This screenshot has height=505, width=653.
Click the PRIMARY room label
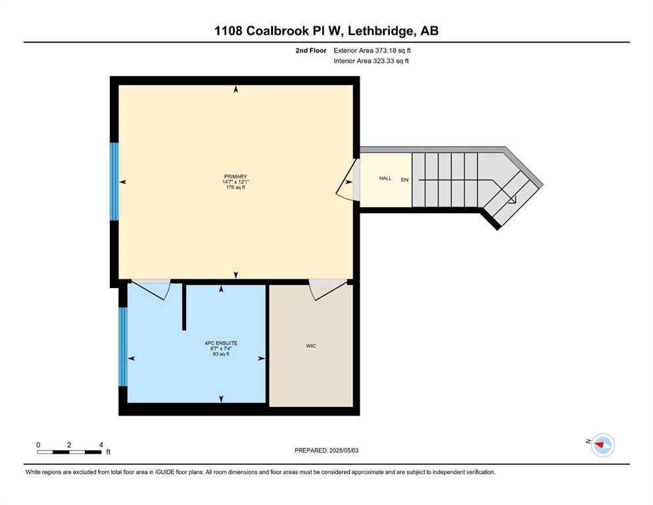point(235,176)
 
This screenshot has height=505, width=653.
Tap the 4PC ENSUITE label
point(221,343)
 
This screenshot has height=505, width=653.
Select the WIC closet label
point(310,346)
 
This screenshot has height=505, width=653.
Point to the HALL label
point(385,178)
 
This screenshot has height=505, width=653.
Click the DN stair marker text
point(404,180)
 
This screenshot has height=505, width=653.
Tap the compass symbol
point(602,445)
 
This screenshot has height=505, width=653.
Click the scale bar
point(69,452)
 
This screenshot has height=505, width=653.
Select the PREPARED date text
point(326,450)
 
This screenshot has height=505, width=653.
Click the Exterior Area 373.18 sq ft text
point(372,51)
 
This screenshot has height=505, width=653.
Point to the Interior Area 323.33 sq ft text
point(371,60)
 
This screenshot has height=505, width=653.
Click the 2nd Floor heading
point(310,51)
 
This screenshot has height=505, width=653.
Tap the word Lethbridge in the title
point(381,31)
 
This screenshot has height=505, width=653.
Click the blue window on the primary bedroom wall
point(114,181)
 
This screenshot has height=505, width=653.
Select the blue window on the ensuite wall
point(123,347)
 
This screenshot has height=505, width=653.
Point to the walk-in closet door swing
point(329,291)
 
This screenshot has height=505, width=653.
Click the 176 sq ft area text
point(235,187)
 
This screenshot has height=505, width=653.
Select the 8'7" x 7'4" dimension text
point(221,349)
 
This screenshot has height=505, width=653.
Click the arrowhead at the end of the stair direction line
point(513,201)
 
